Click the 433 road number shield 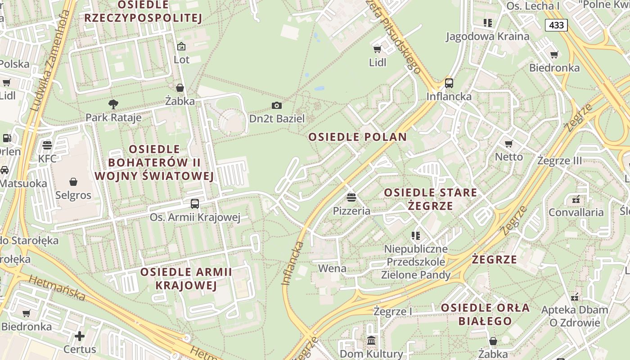pos(556,25)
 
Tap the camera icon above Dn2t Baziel pos(277,105)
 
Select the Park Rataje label pos(113,118)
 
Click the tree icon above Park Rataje pos(113,104)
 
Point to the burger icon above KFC pos(47,145)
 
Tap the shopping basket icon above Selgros pos(73,182)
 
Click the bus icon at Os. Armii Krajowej pos(195,203)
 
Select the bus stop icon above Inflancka pos(449,83)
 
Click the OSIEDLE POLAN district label pos(357,137)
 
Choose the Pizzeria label pos(351,211)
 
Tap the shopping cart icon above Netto pos(509,144)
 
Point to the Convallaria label pos(576,212)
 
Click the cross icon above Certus pos(80,336)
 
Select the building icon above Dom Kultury pos(371,341)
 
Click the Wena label pos(332,269)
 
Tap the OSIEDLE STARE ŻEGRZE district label pos(430,199)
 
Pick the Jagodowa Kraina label pos(487,36)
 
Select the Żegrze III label pos(559,161)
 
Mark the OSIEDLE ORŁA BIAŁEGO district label pos(485,315)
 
